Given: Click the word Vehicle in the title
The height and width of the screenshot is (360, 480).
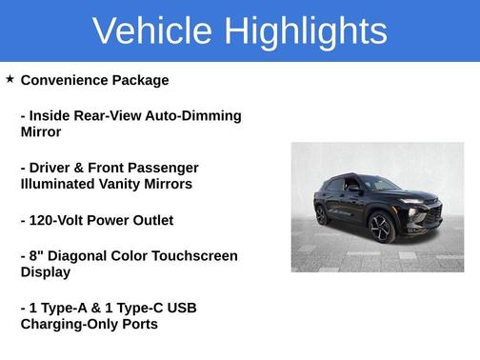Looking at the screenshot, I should point(153,31).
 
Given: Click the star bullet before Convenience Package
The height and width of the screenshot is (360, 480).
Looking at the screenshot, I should point(10,79).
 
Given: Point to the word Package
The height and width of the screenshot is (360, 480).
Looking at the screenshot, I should point(141,80).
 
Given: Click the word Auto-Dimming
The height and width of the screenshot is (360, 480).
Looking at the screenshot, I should point(196,115).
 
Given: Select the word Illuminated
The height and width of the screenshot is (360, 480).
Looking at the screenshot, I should point(60,184).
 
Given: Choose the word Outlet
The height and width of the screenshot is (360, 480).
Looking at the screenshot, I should point(150,220).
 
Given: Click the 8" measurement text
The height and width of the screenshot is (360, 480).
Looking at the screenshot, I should point(37,255).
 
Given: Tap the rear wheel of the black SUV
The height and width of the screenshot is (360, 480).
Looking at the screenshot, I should point(321,214).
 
